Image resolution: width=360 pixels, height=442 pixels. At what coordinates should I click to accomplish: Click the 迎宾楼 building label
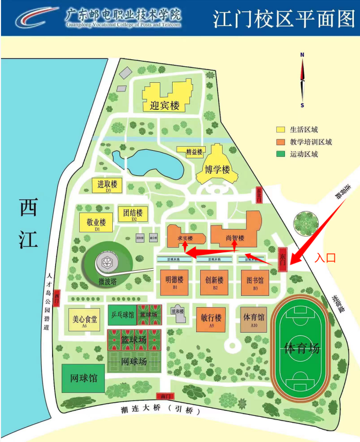[165, 105]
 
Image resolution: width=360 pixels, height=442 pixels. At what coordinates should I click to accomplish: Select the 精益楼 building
[190, 152]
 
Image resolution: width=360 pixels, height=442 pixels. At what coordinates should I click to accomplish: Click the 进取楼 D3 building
[108, 185]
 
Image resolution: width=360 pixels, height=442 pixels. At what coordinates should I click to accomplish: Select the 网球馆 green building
[83, 379]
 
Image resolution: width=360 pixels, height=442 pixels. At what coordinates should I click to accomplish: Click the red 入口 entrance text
[325, 258]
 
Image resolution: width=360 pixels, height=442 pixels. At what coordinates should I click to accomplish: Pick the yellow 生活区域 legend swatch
[281, 130]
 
